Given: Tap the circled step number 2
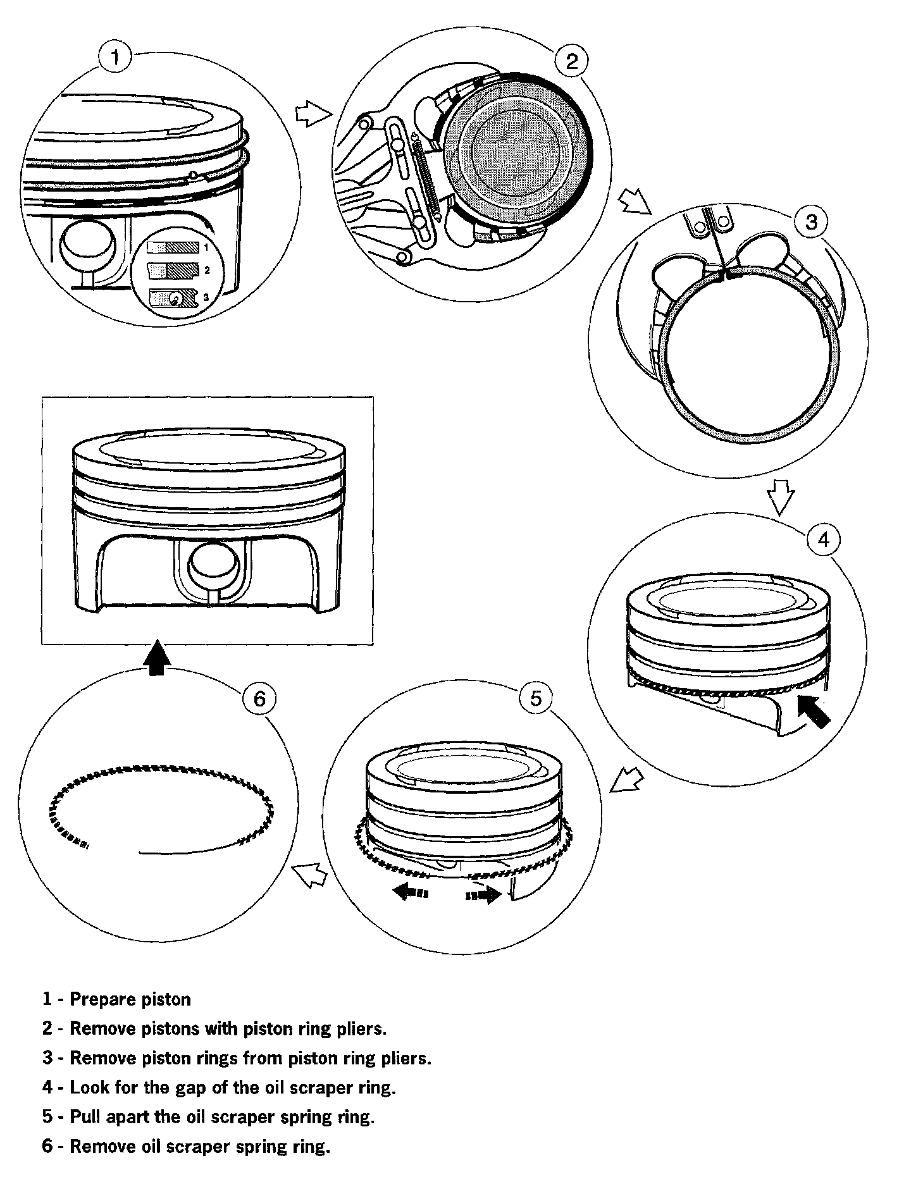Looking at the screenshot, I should point(571,61).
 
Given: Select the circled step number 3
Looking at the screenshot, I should point(810,222).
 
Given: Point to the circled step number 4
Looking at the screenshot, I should point(822,539).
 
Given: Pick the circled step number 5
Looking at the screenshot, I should point(535,698).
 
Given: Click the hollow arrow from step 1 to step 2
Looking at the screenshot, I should point(314,114).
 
